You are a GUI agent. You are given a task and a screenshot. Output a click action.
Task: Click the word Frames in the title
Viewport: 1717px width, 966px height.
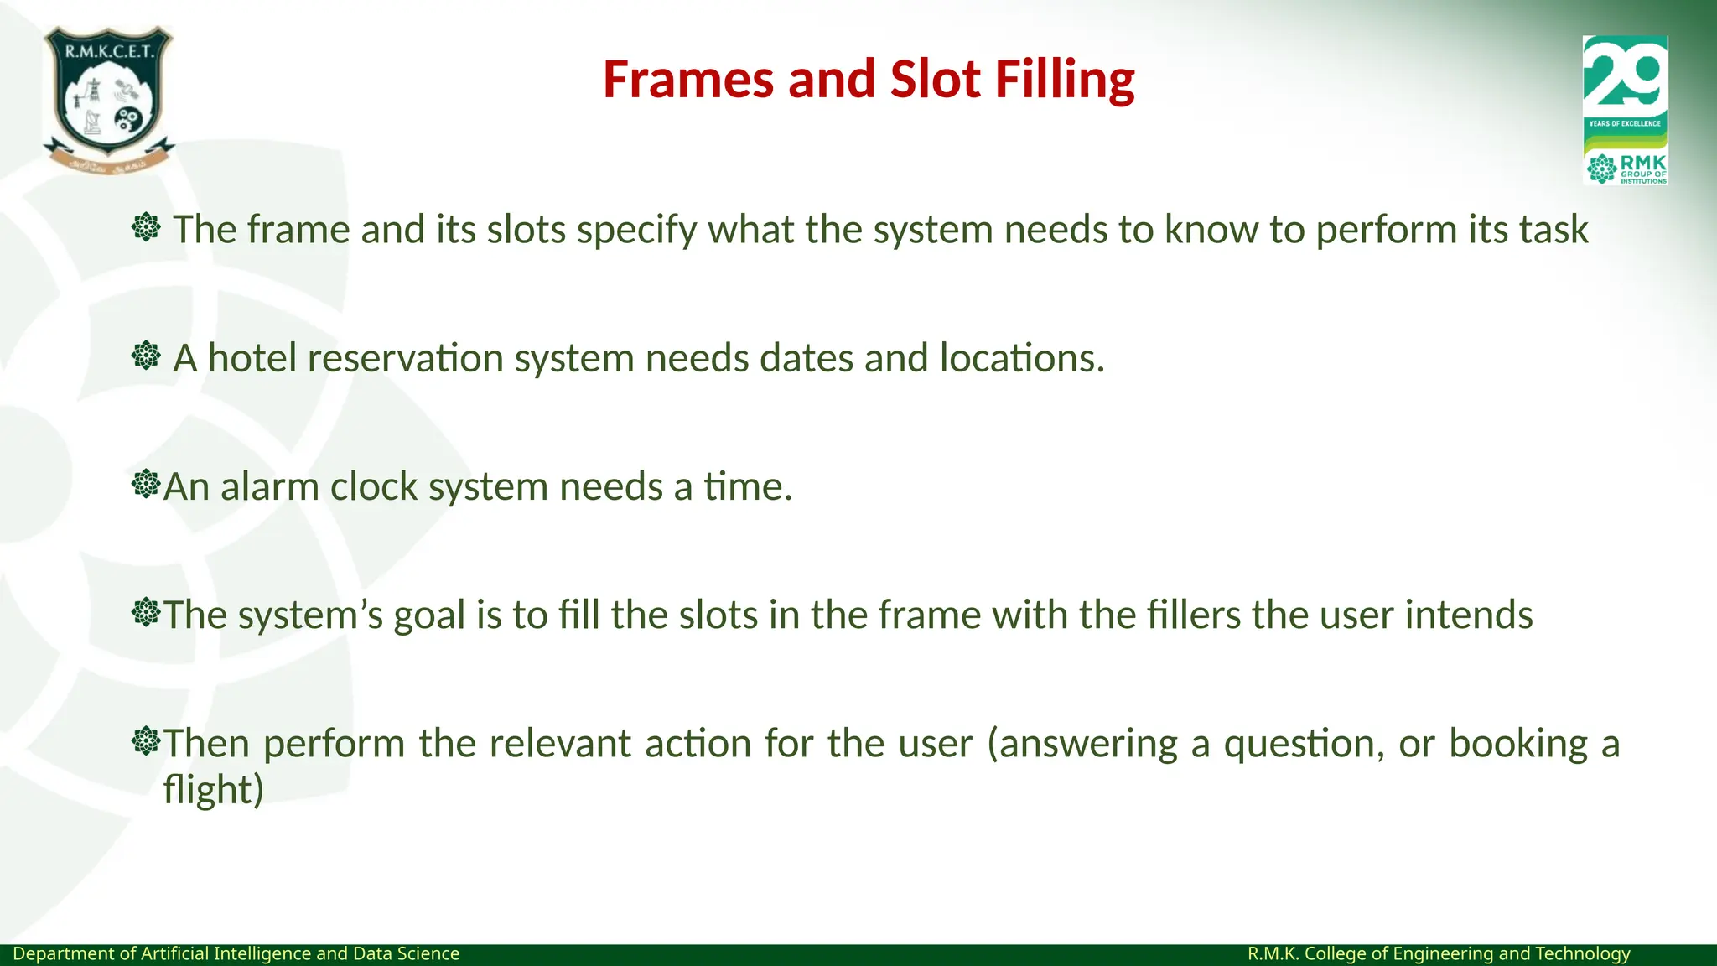tap(688, 80)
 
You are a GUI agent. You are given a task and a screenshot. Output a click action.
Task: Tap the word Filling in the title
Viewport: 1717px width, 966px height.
tap(1064, 80)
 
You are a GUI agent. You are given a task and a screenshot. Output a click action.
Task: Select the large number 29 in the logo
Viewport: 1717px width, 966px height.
tap(1624, 75)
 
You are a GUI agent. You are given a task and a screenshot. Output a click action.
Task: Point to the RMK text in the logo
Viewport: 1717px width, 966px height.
tap(1642, 162)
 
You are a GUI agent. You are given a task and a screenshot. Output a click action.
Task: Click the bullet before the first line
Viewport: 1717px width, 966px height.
tap(146, 227)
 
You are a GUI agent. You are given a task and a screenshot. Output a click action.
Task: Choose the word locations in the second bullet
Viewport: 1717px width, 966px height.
tap(1021, 358)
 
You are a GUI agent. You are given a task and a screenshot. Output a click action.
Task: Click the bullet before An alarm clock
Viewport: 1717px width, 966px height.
tap(146, 485)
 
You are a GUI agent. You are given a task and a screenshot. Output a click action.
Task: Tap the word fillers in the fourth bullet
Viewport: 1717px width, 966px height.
tap(1193, 615)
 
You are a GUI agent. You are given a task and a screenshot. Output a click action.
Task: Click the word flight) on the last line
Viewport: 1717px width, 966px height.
tap(213, 790)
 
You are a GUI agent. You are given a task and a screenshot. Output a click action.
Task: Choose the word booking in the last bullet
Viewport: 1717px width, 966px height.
tap(1517, 745)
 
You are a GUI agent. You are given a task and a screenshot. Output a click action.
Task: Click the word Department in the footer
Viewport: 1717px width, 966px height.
tap(64, 953)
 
